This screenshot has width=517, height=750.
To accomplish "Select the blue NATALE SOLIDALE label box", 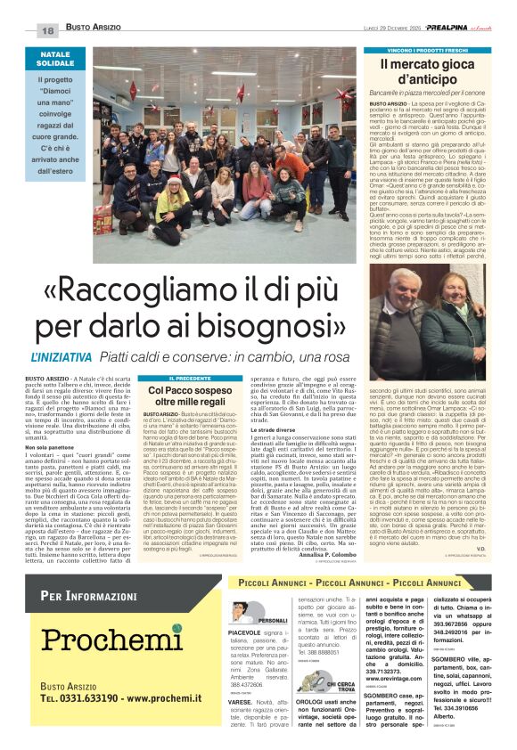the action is [x=55, y=60].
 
